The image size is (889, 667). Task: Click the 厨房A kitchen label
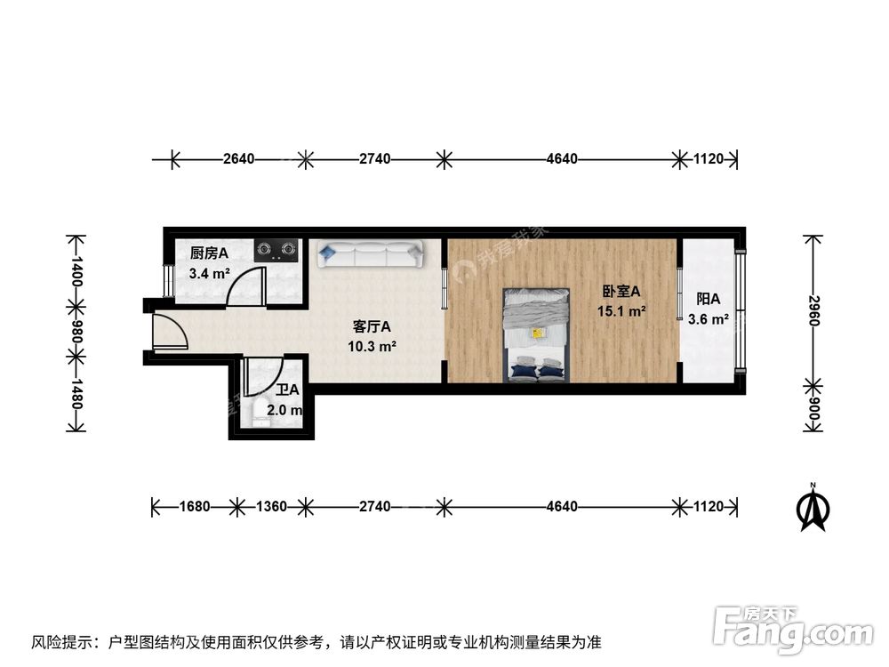click(209, 253)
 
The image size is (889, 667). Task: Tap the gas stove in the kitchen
click(276, 249)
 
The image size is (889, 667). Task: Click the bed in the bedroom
click(537, 333)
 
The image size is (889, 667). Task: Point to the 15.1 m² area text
click(621, 311)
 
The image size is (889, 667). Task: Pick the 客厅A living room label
click(372, 326)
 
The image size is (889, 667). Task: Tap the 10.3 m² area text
click(372, 347)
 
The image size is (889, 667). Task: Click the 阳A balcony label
click(708, 299)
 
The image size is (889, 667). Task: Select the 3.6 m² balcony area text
click(709, 318)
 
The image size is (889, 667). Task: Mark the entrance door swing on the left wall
click(169, 332)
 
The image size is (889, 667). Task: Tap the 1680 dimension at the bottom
click(194, 507)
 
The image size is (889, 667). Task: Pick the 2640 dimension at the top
click(238, 159)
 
